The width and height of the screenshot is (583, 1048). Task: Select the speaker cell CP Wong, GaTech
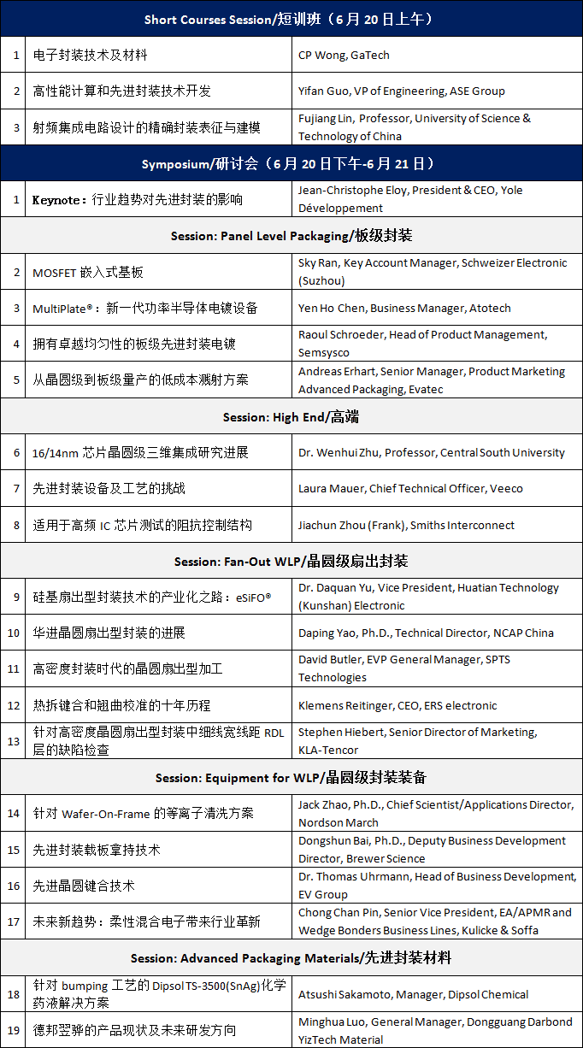pos(344,55)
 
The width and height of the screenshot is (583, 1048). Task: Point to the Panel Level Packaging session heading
pos(291,235)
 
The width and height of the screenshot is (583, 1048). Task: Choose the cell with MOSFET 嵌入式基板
pos(87,272)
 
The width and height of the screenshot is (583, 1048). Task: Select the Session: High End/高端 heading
pos(291,416)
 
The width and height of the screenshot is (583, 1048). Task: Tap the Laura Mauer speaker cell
pos(410,488)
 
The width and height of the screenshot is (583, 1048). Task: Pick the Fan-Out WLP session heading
pos(291,561)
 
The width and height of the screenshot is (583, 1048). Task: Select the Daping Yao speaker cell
pos(426,633)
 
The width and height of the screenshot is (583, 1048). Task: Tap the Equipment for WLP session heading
pos(291,778)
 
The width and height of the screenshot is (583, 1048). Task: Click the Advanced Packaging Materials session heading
pos(291,958)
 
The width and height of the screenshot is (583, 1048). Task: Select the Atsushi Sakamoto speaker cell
pos(413,994)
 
